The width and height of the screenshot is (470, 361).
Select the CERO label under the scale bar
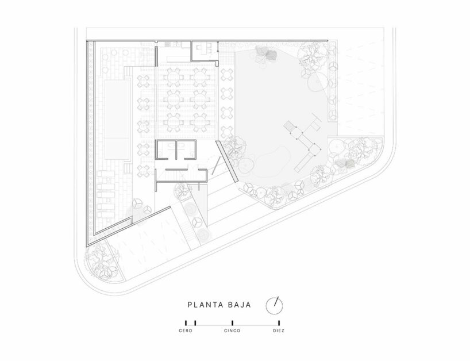pos(186,331)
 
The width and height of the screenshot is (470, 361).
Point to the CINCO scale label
pos(232,331)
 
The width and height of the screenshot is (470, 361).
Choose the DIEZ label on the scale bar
pos(279,331)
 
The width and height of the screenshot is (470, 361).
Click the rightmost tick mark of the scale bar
pos(279,324)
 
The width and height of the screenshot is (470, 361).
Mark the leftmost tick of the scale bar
pos(186,324)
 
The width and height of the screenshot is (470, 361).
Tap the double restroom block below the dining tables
pos(176,150)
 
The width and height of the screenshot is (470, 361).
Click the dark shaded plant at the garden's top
pos(268,55)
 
